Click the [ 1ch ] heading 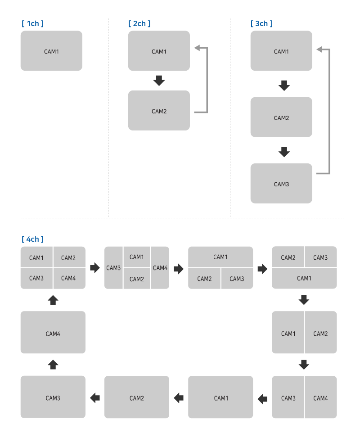[x=32, y=23]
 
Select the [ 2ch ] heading [x=139, y=23]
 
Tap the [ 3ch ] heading [x=261, y=23]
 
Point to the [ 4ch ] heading [x=32, y=239]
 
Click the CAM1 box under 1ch [x=51, y=51]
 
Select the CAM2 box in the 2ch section [x=159, y=111]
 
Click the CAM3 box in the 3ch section [x=281, y=184]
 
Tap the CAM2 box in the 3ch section [x=281, y=117]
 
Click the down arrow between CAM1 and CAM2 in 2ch [x=159, y=81]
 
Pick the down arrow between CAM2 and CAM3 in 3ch [x=283, y=152]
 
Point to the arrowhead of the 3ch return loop [x=319, y=49]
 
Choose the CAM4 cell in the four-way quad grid [x=69, y=278]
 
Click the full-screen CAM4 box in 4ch [x=53, y=333]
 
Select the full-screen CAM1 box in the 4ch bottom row [x=220, y=397]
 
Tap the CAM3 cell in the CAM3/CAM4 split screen [x=288, y=397]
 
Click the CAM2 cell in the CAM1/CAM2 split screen [x=320, y=333]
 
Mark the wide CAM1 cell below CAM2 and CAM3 [x=304, y=278]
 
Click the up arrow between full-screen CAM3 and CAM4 [x=53, y=364]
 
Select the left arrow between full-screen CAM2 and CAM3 [x=95, y=397]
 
